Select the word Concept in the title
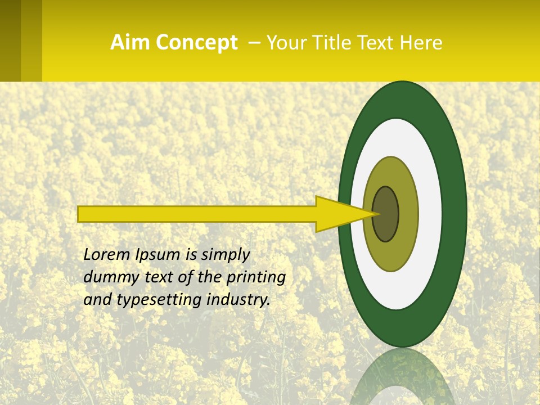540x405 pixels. pos(196,43)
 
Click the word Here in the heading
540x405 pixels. pos(422,43)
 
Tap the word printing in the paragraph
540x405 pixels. pos(255,278)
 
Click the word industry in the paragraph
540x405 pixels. pos(238,300)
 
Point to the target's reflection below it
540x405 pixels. pos(402,377)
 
